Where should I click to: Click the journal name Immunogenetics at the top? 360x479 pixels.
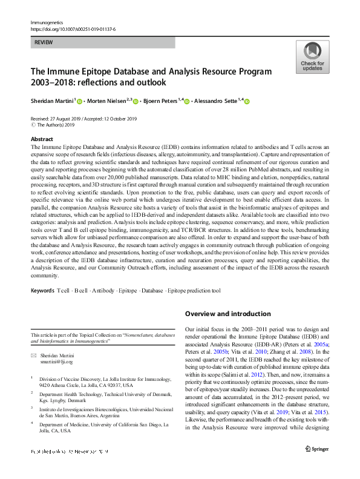coord(47,22)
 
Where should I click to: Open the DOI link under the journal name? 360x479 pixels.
coord(72,28)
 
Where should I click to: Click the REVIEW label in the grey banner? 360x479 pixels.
coord(44,42)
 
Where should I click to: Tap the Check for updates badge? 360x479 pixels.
coord(312,58)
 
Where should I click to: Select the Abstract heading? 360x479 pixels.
coord(42,139)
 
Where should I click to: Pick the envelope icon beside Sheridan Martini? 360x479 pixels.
coord(34,355)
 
